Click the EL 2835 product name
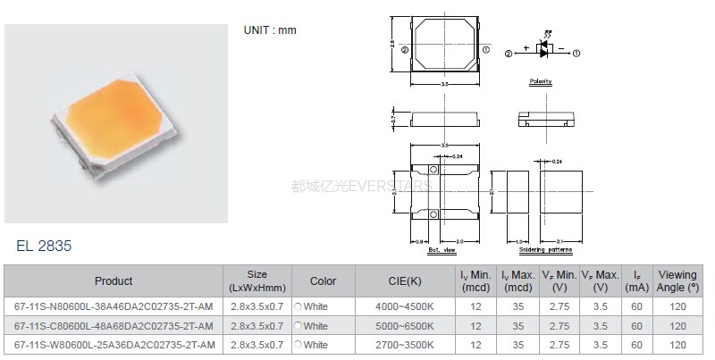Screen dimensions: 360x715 pyautogui.click(x=44, y=246)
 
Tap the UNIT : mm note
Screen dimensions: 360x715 pyautogui.click(x=270, y=30)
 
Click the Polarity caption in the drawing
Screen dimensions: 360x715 pyautogui.click(x=541, y=81)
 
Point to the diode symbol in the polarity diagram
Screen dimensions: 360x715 pyautogui.click(x=544, y=53)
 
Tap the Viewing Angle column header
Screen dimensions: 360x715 pyautogui.click(x=677, y=281)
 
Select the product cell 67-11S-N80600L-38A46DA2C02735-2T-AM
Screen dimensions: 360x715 pyautogui.click(x=114, y=306)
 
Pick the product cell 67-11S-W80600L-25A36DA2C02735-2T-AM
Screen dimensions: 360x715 pyautogui.click(x=114, y=344)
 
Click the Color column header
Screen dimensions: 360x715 pyautogui.click(x=323, y=281)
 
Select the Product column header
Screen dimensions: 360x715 pyautogui.click(x=114, y=281)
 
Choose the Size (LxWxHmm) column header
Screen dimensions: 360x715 pyautogui.click(x=257, y=281)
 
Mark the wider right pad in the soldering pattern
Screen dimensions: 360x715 pyautogui.click(x=565, y=190)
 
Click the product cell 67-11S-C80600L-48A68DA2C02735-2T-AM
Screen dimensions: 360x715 pyautogui.click(x=114, y=325)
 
